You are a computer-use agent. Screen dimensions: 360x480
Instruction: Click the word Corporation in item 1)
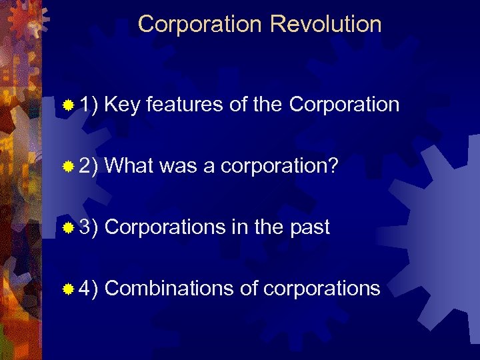(x=345, y=105)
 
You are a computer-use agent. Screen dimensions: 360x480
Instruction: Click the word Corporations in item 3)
(x=164, y=227)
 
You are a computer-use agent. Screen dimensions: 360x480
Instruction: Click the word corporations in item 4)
(x=322, y=289)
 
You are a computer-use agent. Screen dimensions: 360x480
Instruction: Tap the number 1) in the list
(x=89, y=105)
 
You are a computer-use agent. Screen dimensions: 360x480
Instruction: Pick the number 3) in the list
(x=89, y=227)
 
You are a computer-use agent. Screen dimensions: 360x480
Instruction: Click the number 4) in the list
(x=89, y=289)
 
